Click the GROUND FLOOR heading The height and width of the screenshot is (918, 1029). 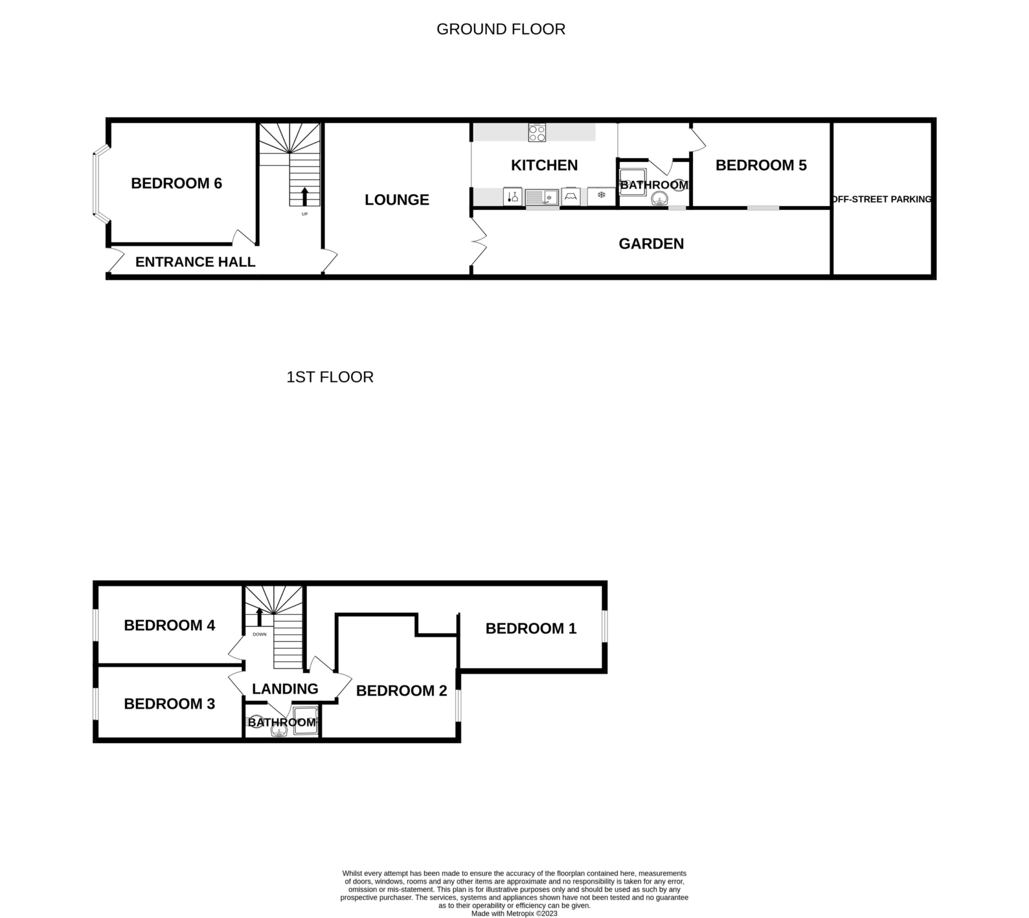pyautogui.click(x=501, y=29)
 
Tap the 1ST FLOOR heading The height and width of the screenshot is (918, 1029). pyautogui.click(x=330, y=377)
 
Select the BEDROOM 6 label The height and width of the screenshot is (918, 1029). pyautogui.click(x=176, y=183)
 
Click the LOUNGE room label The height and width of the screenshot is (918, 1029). pyautogui.click(x=397, y=200)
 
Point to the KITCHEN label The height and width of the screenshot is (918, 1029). pyautogui.click(x=544, y=165)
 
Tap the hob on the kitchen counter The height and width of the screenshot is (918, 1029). pyautogui.click(x=537, y=133)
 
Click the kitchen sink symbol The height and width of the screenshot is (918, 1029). pyautogui.click(x=542, y=197)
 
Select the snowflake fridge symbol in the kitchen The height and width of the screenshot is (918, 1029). pyautogui.click(x=601, y=196)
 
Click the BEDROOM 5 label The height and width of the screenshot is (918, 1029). pyautogui.click(x=761, y=165)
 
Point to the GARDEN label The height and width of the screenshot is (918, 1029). pyautogui.click(x=651, y=244)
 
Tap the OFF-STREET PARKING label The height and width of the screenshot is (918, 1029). pyautogui.click(x=881, y=199)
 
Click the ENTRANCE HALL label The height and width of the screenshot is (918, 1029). pyautogui.click(x=196, y=262)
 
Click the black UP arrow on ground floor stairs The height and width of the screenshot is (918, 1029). pyautogui.click(x=305, y=197)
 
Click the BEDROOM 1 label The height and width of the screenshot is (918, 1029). pyautogui.click(x=531, y=628)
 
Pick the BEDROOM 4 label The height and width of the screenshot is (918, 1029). pyautogui.click(x=169, y=625)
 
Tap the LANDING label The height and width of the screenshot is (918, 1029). pyautogui.click(x=285, y=688)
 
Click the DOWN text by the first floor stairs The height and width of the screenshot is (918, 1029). pyautogui.click(x=260, y=634)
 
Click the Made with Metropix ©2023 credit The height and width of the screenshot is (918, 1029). pyautogui.click(x=514, y=914)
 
